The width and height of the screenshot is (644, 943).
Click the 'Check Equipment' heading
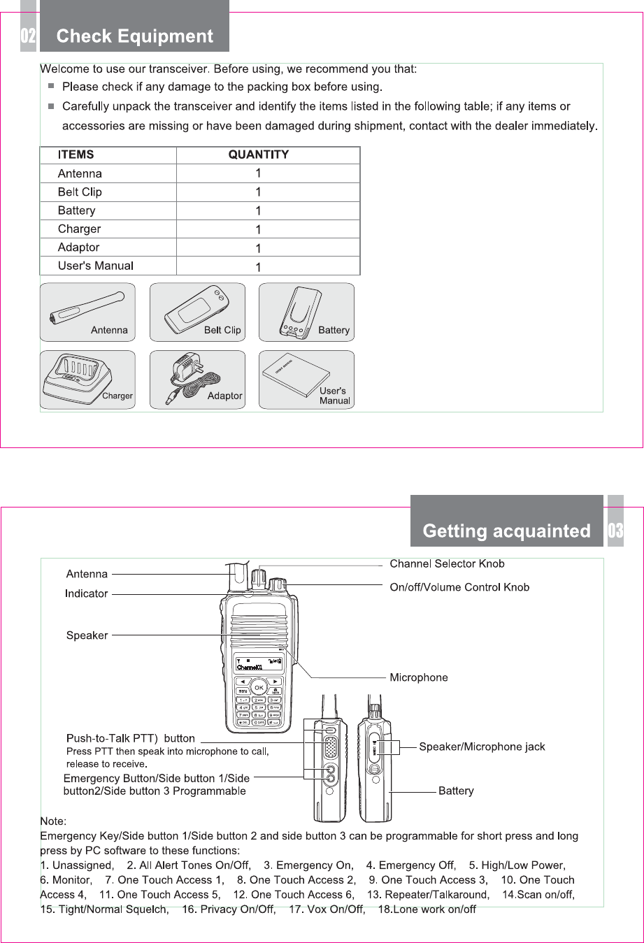point(134,36)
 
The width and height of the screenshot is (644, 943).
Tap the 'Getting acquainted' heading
point(506,531)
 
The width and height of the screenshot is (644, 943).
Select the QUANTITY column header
point(258,154)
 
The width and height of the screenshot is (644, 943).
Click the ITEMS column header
point(76,154)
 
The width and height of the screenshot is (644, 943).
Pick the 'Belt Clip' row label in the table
point(80,192)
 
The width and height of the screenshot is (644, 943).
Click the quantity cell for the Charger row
point(258,229)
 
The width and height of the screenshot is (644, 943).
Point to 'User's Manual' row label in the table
point(96,266)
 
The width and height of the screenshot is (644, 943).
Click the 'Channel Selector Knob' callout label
point(447,564)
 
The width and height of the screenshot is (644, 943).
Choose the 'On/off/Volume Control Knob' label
point(459,587)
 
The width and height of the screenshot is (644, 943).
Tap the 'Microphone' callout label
point(419,677)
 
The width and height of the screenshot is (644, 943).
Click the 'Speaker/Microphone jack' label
point(482,747)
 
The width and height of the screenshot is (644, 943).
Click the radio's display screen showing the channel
point(259,664)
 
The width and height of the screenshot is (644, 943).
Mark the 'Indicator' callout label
point(87,593)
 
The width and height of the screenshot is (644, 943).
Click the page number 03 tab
point(615,531)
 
